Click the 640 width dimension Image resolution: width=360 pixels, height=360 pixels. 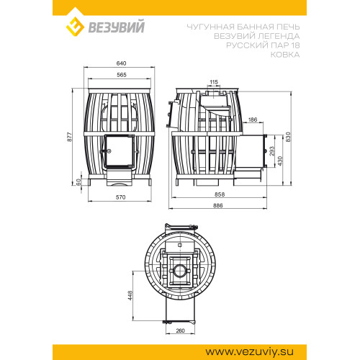tap(121, 63)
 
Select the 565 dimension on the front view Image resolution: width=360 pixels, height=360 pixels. tap(122, 75)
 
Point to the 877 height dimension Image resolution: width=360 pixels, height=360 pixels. tap(69, 137)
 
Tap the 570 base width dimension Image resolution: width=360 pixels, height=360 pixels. tap(121, 197)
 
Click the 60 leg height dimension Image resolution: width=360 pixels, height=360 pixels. tap(78, 182)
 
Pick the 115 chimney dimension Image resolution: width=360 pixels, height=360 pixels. tap(214, 82)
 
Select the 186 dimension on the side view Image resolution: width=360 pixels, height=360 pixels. tap(253, 120)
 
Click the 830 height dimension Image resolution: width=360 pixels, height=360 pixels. tap(288, 137)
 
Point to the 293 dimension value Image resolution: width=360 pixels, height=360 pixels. tap(272, 151)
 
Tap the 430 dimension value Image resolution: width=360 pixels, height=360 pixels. tap(280, 161)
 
